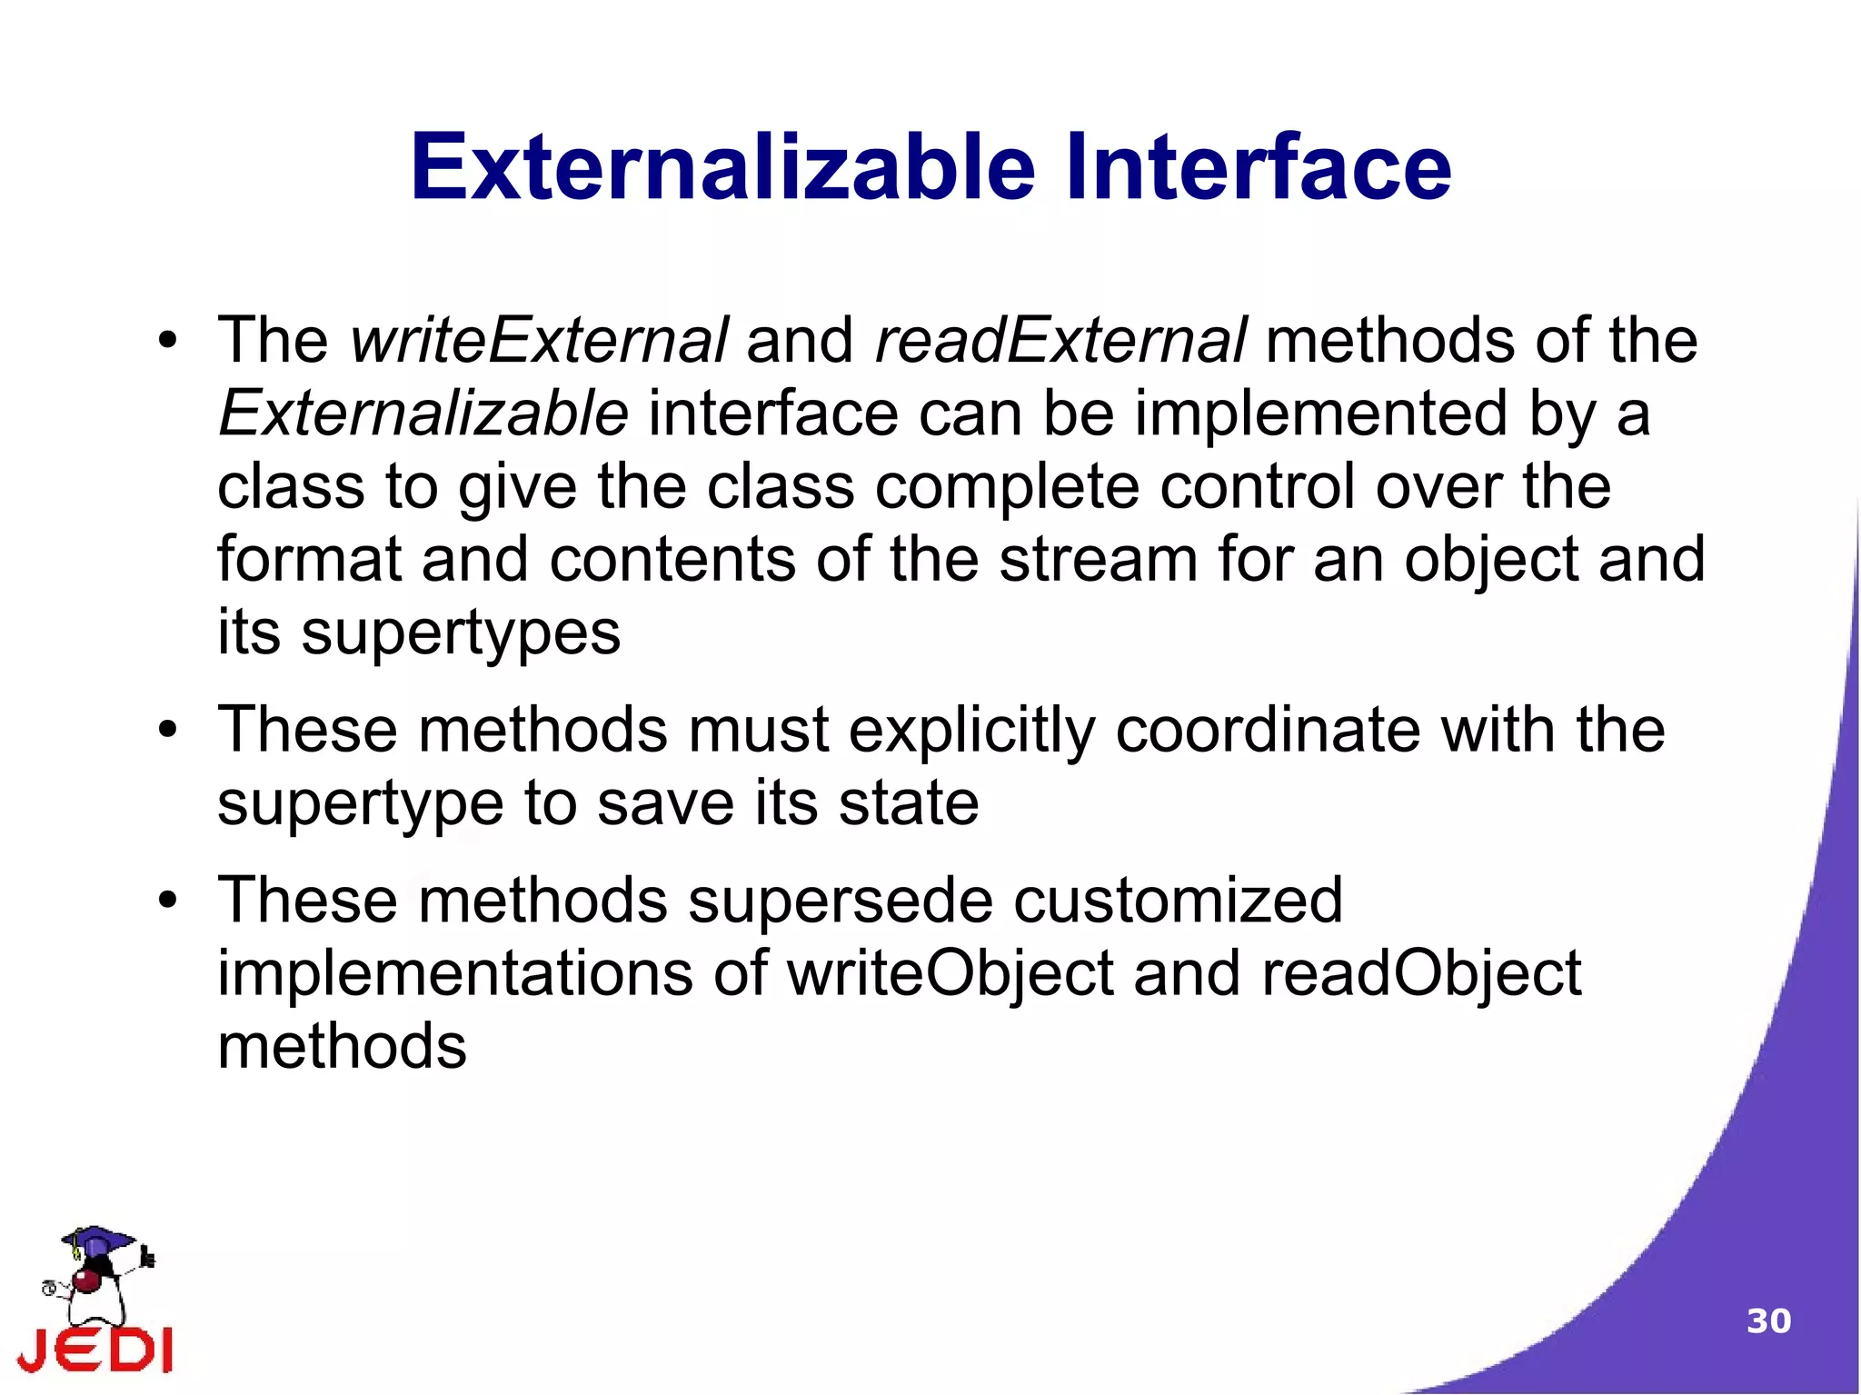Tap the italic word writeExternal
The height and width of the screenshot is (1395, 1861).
pyautogui.click(x=539, y=340)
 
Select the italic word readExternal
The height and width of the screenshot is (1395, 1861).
pyautogui.click(x=1060, y=340)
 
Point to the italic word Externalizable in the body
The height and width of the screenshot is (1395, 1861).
pyautogui.click(x=423, y=414)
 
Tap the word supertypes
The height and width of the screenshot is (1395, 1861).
pyautogui.click(x=461, y=633)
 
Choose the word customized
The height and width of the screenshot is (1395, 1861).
pyautogui.click(x=1178, y=901)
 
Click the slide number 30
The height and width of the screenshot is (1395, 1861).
pyautogui.click(x=1768, y=1321)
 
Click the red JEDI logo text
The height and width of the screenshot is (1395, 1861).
pyautogui.click(x=95, y=1350)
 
